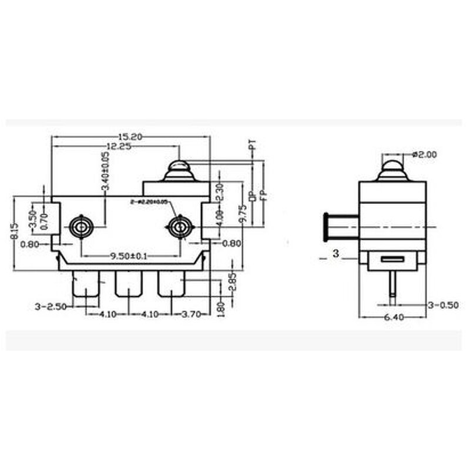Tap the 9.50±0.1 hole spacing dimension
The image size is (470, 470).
click(x=130, y=256)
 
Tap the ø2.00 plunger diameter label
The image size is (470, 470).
click(x=425, y=155)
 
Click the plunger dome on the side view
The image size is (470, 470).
click(x=392, y=167)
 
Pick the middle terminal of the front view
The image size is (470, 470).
click(x=129, y=284)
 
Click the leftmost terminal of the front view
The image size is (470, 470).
click(x=85, y=284)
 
